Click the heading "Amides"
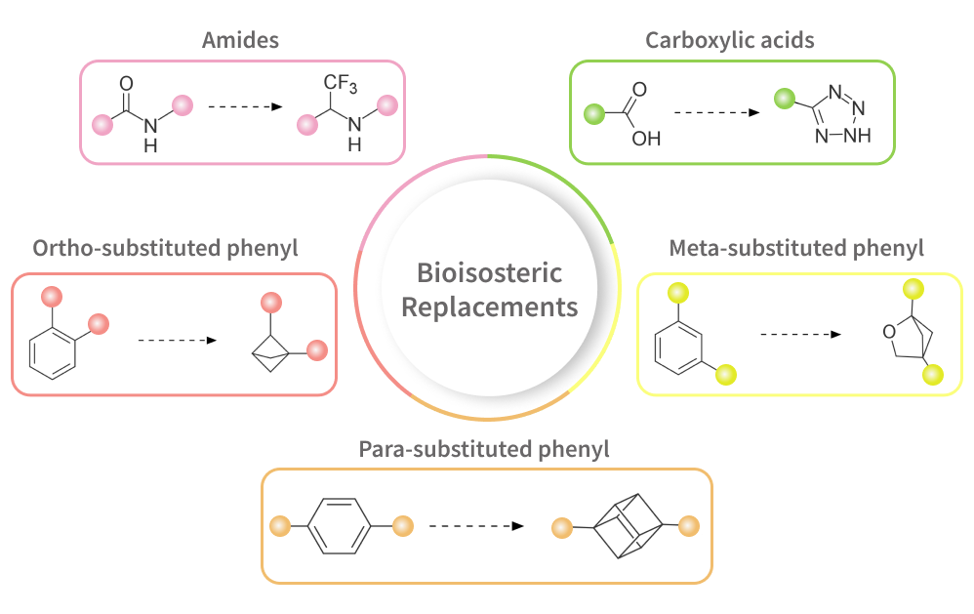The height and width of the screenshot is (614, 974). [x=240, y=40]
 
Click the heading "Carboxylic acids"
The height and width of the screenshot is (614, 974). [x=730, y=40]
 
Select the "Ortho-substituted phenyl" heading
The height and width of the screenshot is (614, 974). [x=166, y=248]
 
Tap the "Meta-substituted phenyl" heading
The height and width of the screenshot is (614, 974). [x=796, y=248]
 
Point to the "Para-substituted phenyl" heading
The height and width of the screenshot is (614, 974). [x=484, y=449]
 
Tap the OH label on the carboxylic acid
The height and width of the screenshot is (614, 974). [x=646, y=138]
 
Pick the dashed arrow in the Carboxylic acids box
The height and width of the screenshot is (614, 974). [x=717, y=112]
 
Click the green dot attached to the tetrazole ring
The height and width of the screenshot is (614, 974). [x=783, y=99]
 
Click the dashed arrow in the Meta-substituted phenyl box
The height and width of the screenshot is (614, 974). [x=800, y=334]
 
